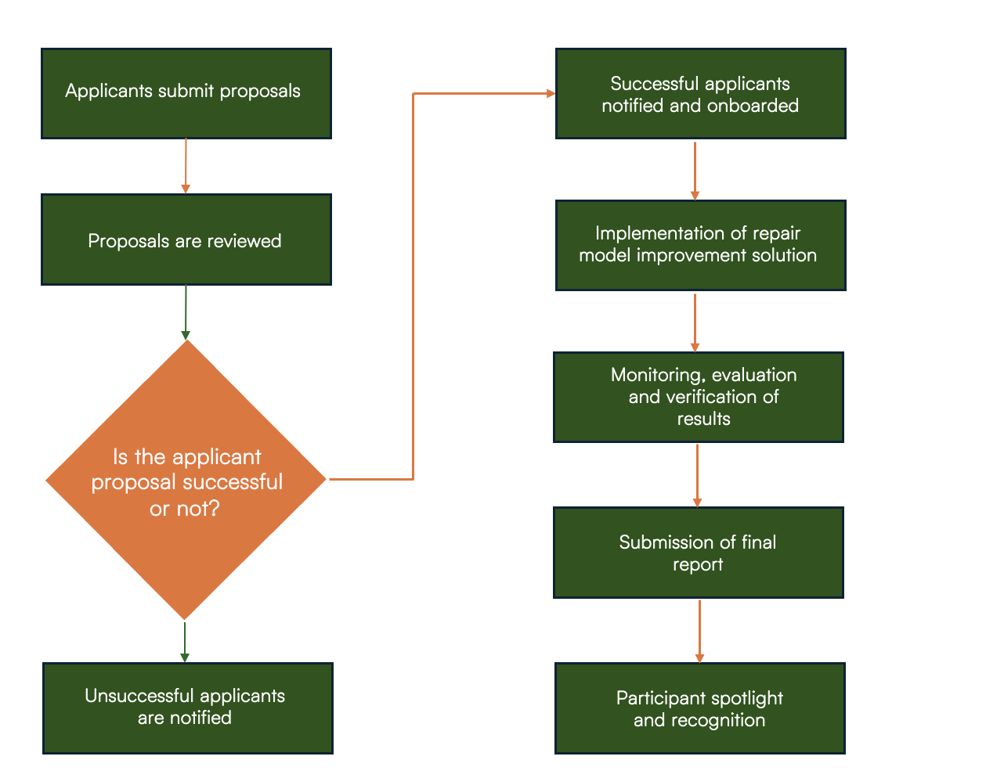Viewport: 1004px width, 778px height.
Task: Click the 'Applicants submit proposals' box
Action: pos(186,93)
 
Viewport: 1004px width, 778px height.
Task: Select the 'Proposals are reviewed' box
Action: pos(186,240)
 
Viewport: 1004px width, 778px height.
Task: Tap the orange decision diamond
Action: pos(186,479)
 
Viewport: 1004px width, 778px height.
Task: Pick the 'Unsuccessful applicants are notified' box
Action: pos(188,708)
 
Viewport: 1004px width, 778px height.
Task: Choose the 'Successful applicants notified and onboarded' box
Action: pos(700,93)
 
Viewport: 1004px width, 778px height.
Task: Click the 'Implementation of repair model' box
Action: pos(700,245)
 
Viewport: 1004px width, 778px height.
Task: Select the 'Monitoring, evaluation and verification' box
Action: pos(698,397)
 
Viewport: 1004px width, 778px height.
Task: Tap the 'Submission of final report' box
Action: pos(698,553)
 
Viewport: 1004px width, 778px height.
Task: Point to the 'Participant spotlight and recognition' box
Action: pos(699,708)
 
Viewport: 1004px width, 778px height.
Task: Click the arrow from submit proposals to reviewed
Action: pos(186,166)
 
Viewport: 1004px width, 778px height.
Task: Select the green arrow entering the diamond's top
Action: pos(186,312)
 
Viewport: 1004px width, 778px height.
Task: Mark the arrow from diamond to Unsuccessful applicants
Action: pos(185,642)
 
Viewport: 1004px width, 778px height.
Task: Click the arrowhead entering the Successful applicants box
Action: pos(551,94)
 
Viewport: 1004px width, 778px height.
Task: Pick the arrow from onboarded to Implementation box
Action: pos(695,171)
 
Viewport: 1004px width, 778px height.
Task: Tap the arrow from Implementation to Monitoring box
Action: pos(695,322)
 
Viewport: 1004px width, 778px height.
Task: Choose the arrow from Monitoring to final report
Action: pos(697,476)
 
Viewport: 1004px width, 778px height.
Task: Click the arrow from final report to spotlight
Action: pos(699,632)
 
